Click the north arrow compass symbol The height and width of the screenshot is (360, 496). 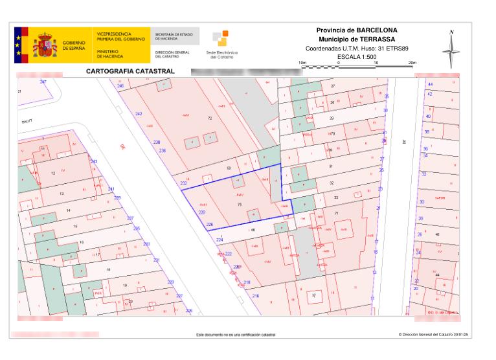tap(452, 49)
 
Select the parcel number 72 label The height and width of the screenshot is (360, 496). tap(210, 118)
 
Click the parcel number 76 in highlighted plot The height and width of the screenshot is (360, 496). tap(240, 205)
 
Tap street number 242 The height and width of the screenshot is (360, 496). tap(139, 114)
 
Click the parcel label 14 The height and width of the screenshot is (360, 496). tap(69, 211)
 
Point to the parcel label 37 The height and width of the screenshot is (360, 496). tap(314, 295)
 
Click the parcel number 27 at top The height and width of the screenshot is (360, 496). tap(333, 86)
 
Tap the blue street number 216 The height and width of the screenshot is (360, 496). tap(256, 296)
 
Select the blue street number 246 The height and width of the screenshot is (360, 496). tap(120, 86)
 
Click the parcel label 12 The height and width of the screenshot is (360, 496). tap(53, 174)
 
